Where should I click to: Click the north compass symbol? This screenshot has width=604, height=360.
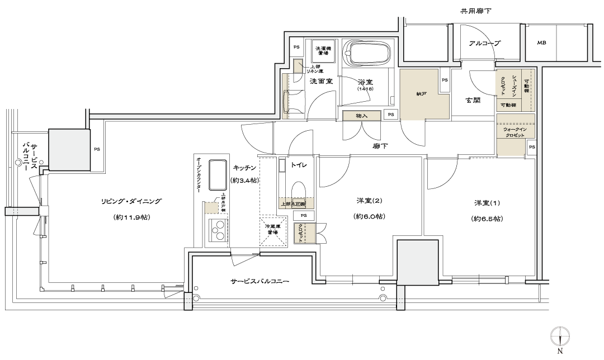pyautogui.click(x=560, y=337)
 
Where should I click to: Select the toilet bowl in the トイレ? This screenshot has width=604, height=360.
pyautogui.click(x=299, y=189)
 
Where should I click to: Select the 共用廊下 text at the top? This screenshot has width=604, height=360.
pyautogui.click(x=475, y=11)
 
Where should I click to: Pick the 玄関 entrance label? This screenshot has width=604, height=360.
pyautogui.click(x=473, y=101)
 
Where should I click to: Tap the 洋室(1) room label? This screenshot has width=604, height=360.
pyautogui.click(x=485, y=202)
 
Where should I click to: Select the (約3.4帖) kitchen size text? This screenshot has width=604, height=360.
pyautogui.click(x=244, y=180)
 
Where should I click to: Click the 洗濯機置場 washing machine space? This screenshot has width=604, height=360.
pyautogui.click(x=323, y=50)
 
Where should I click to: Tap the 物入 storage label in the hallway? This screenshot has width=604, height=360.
pyautogui.click(x=361, y=116)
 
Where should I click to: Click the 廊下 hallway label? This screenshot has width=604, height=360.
pyautogui.click(x=380, y=146)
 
